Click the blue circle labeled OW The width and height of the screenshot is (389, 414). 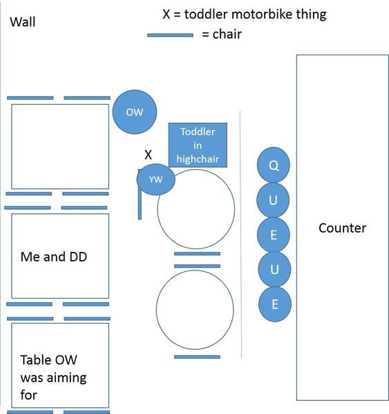point(135,112)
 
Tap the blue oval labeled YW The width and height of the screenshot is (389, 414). point(155,179)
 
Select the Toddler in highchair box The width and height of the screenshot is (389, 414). point(198,145)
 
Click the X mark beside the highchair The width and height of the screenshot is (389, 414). point(149,155)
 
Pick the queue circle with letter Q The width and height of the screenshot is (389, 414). point(274,165)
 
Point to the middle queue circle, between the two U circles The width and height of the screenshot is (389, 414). point(274,235)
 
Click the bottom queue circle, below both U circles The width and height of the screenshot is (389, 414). point(275,304)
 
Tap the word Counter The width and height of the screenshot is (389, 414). point(343,228)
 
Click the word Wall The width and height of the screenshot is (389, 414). point(23,21)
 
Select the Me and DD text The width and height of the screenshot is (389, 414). point(54,257)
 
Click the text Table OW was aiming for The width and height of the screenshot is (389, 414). point(53,377)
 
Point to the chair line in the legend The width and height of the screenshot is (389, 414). point(170,35)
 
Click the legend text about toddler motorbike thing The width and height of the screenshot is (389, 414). point(245,14)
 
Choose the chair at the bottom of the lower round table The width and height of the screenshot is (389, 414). point(197,357)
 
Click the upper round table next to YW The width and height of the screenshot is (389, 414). point(158,209)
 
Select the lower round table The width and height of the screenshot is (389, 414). point(156,310)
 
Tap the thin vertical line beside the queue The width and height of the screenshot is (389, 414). point(240,235)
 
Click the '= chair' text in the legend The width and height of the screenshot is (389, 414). point(222,34)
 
